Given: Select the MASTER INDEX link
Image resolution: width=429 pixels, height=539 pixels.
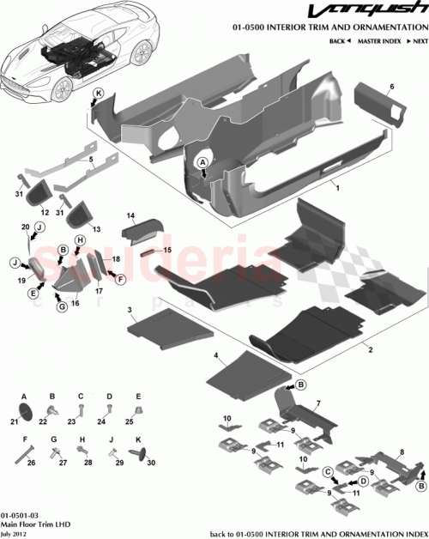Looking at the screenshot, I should tap(378, 40).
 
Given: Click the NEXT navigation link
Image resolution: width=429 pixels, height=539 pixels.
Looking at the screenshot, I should tap(417, 40).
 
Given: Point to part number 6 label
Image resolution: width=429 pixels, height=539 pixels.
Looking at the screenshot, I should tap(391, 87).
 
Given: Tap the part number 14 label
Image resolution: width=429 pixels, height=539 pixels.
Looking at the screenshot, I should tap(132, 215).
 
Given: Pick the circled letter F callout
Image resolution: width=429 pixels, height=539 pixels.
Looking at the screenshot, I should tap(121, 279).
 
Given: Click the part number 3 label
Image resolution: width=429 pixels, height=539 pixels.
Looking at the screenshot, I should tap(130, 307).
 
